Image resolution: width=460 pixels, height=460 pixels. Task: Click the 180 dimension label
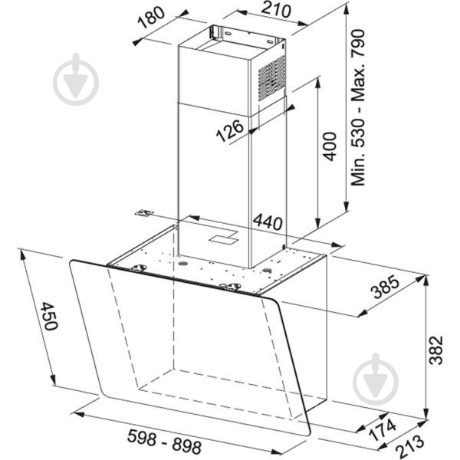(151, 18)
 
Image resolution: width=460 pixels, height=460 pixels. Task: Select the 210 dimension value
(276, 10)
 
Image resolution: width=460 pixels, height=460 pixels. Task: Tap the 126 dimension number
(230, 130)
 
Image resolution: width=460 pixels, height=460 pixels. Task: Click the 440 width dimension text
(268, 222)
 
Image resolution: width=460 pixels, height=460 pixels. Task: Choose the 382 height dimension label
(435, 350)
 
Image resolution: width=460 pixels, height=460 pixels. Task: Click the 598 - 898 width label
(164, 442)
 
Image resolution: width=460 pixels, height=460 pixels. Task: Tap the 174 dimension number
(383, 430)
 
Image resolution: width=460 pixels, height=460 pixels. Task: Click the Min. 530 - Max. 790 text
(358, 107)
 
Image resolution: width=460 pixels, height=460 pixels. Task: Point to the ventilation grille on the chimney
(272, 78)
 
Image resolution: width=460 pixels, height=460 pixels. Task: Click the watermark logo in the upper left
(76, 80)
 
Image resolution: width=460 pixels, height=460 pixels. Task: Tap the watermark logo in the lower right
(376, 379)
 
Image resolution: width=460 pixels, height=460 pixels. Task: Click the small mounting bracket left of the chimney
(145, 213)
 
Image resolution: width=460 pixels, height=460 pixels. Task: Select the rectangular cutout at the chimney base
(224, 238)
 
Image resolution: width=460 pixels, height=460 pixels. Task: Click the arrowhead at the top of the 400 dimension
(317, 82)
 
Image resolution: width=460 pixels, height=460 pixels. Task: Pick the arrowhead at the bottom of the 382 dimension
(426, 414)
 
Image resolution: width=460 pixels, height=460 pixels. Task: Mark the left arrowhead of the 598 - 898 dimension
(79, 414)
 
